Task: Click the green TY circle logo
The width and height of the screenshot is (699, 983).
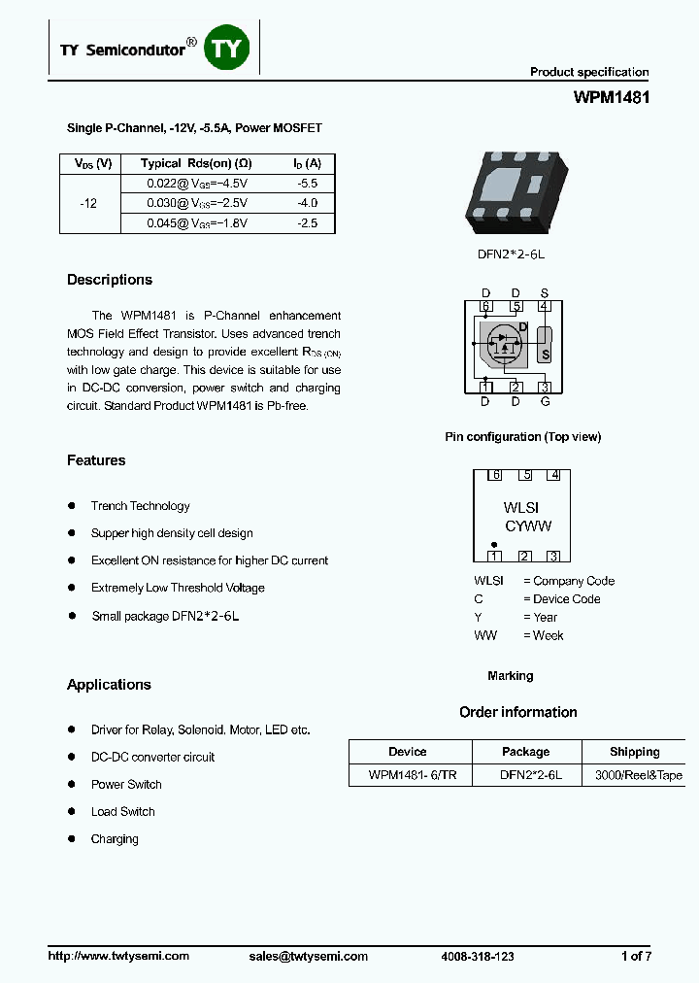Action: [227, 49]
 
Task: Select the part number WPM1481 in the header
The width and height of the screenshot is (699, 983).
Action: [611, 98]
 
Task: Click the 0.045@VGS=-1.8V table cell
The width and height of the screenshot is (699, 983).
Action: [197, 222]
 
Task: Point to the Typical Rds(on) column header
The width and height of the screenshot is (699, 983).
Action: [196, 163]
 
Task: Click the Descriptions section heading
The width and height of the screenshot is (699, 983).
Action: [110, 280]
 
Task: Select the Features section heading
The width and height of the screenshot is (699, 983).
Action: [96, 460]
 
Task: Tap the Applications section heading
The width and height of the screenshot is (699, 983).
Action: [109, 685]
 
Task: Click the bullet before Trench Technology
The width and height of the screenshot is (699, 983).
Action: [72, 505]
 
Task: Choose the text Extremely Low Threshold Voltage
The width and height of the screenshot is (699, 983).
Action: [178, 588]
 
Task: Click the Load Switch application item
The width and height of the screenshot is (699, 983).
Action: [123, 812]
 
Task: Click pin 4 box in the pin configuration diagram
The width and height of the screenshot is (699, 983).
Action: [545, 307]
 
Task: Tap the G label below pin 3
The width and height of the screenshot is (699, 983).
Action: [545, 401]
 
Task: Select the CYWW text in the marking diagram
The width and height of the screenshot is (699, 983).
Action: [528, 525]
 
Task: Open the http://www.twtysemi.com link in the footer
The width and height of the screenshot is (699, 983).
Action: [118, 956]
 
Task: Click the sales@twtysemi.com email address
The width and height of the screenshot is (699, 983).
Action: [308, 956]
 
